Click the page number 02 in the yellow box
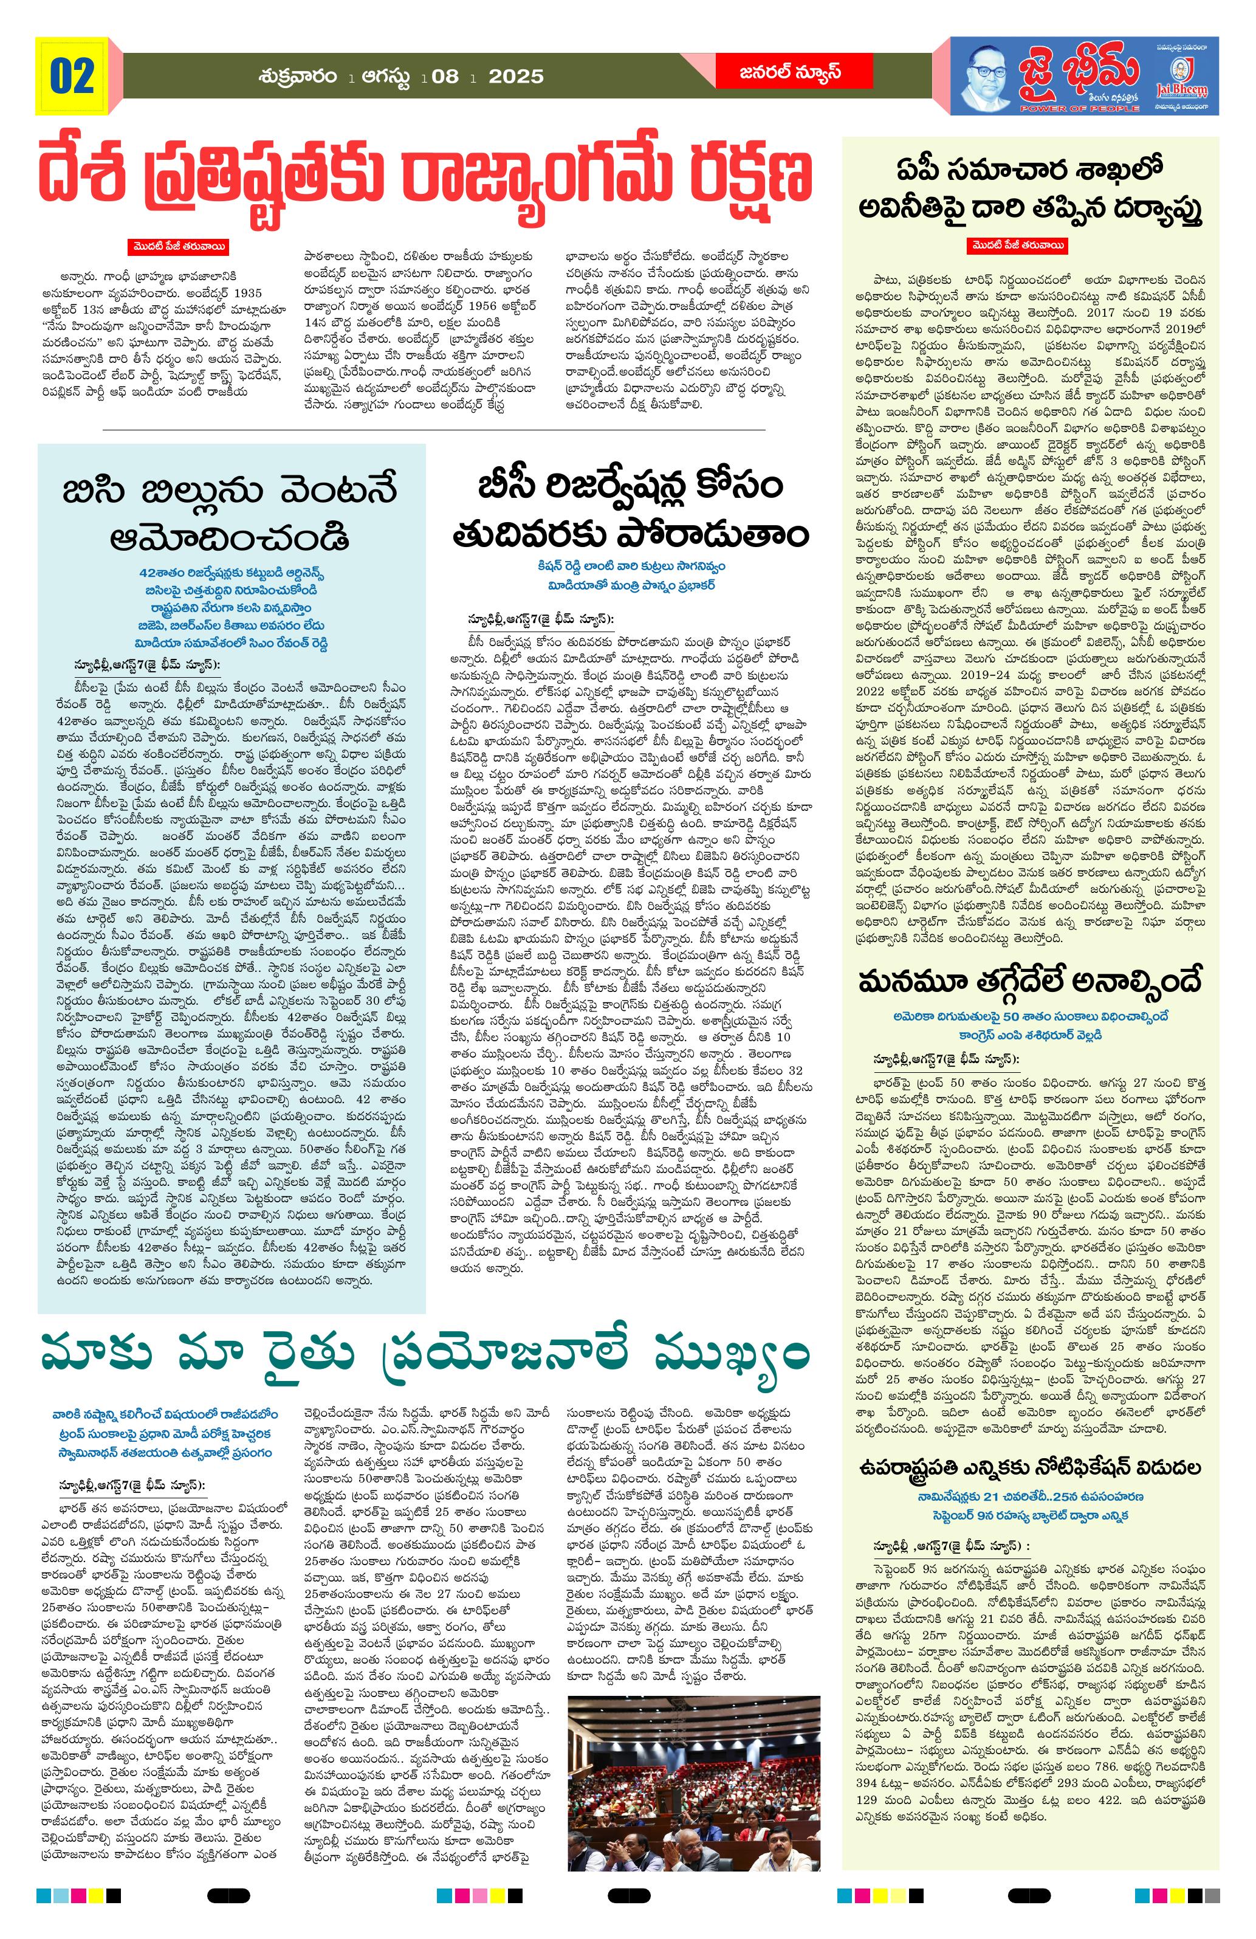(x=72, y=76)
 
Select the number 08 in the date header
(x=445, y=77)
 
